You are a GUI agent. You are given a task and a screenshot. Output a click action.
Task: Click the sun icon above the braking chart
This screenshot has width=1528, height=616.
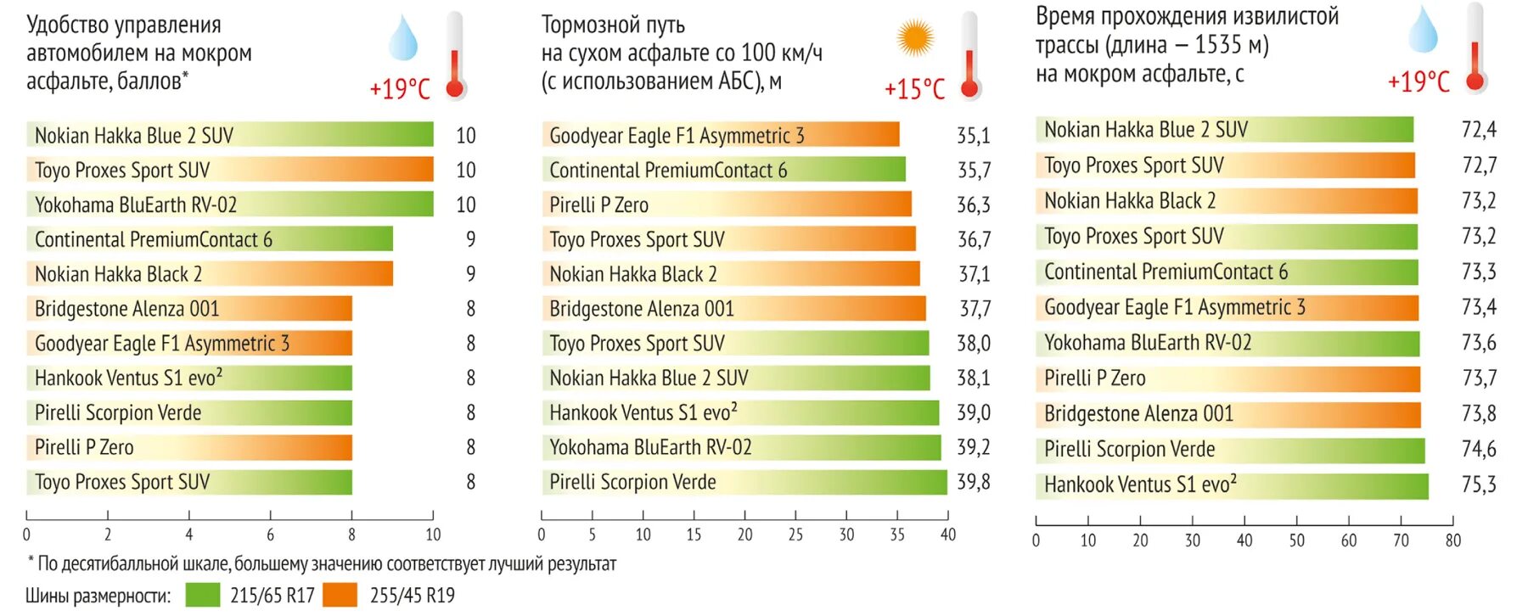point(915,38)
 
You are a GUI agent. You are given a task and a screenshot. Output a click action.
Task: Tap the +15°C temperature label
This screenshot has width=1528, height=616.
point(914,89)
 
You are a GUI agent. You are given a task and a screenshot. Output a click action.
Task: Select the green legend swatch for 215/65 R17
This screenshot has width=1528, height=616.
point(202,595)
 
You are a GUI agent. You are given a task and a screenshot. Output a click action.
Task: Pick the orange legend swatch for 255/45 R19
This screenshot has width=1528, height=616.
point(340,595)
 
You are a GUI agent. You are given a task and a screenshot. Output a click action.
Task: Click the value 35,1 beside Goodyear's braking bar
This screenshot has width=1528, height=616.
point(974,136)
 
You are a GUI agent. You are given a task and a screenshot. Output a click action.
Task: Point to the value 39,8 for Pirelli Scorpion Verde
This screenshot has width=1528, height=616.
point(974,482)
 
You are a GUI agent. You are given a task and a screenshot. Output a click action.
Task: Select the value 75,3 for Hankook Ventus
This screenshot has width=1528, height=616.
point(1478,484)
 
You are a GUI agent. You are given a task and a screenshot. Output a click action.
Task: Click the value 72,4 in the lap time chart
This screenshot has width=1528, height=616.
point(1478,130)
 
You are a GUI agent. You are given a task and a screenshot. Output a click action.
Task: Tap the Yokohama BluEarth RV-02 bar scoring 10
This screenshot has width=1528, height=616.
point(230,204)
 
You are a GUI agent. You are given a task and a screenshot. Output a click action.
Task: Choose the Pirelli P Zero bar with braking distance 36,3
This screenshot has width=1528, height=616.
point(727,204)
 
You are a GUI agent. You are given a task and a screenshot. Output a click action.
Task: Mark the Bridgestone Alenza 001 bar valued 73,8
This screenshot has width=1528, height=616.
point(1227,414)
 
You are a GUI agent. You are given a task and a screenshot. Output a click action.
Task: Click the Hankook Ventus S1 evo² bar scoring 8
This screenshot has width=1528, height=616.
point(189,378)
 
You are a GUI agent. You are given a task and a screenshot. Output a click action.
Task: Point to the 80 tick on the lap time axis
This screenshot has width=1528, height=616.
point(1452,540)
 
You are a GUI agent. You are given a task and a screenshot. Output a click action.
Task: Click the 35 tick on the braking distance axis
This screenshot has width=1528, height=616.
point(897,535)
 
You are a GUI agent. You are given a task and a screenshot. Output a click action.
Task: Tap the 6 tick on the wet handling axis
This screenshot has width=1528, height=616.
point(270,535)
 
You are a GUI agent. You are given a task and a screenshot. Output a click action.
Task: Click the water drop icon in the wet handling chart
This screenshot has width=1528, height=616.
point(402,38)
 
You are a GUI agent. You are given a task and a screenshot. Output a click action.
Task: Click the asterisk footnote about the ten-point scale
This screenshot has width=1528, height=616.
point(323,563)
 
